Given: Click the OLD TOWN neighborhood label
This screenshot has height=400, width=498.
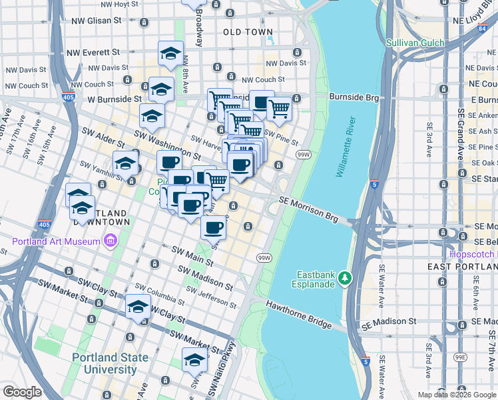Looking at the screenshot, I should [x=248, y=32].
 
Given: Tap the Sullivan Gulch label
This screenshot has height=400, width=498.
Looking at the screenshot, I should [x=416, y=43].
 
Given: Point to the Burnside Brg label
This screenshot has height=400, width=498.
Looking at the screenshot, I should [x=354, y=97].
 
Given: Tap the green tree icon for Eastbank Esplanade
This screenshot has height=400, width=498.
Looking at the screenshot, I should [x=344, y=277].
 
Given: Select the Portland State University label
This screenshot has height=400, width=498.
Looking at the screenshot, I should [x=111, y=363].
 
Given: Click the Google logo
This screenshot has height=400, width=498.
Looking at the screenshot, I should [x=22, y=392].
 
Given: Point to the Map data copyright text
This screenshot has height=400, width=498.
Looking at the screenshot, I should [x=457, y=395].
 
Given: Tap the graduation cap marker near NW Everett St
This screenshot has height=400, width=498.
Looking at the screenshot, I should [x=170, y=53].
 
